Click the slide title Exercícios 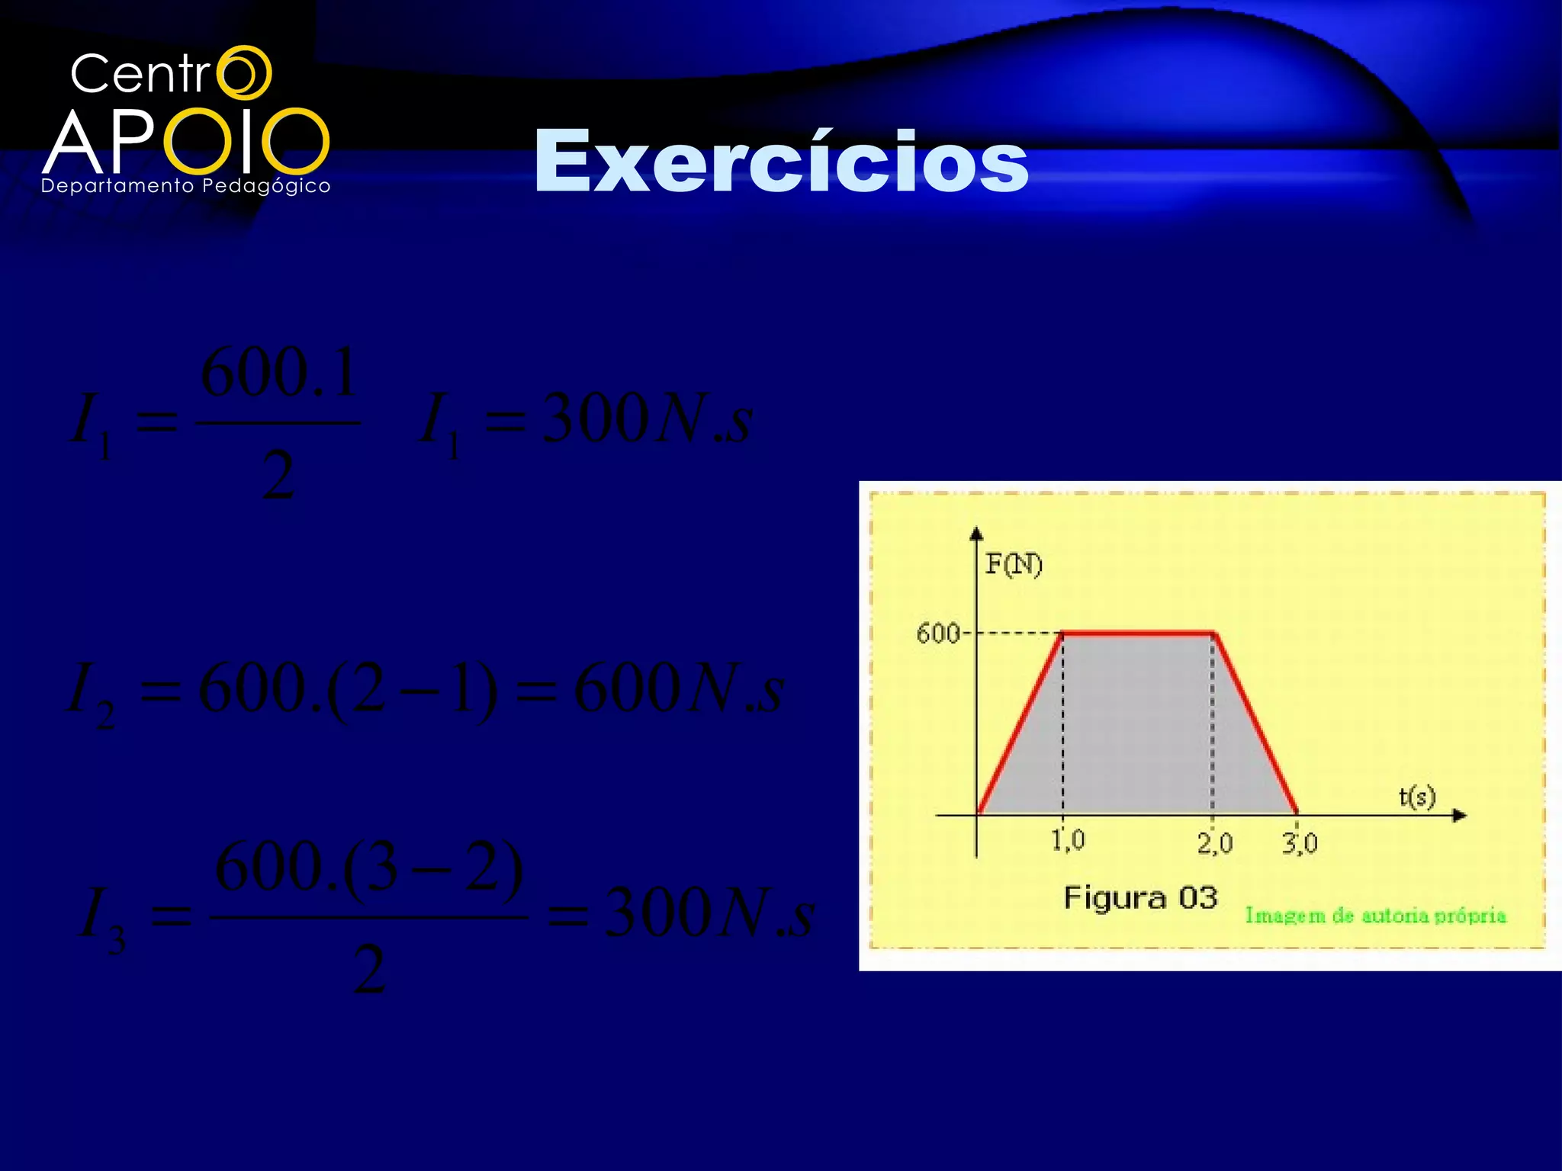(x=781, y=162)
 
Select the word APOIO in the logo (x=186, y=142)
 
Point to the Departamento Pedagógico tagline (x=185, y=186)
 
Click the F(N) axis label (x=1014, y=564)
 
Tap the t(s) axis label (x=1417, y=797)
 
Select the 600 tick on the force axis (x=938, y=633)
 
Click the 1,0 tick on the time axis (x=1068, y=840)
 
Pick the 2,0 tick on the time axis (x=1214, y=842)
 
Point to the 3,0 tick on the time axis (x=1300, y=842)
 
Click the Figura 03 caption (x=1140, y=897)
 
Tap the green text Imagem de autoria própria (x=1376, y=915)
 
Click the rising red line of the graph (x=1020, y=723)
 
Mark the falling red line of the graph (x=1255, y=723)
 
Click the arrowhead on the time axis (x=1459, y=816)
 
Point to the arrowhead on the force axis (x=976, y=533)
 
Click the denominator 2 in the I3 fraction (x=369, y=970)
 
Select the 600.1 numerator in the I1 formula (x=279, y=374)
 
